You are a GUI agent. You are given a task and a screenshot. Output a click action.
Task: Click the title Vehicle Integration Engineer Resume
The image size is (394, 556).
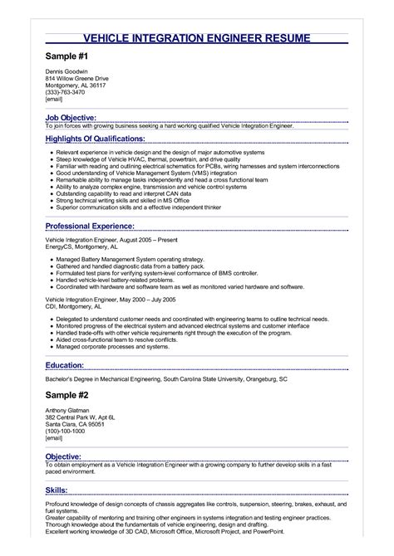pyautogui.click(x=197, y=39)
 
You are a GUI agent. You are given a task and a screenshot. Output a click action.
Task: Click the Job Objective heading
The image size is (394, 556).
pyautogui.click(x=71, y=118)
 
